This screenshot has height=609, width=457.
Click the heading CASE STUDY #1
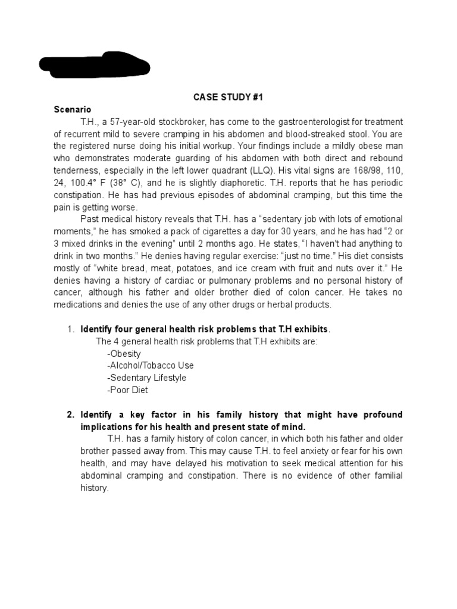228,98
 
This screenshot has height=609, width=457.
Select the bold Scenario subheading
73,109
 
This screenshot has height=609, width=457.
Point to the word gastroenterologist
304,121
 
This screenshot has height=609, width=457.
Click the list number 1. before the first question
70,329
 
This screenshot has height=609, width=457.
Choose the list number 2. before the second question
70,414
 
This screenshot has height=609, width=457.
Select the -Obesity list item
124,353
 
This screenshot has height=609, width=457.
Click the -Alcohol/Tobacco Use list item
150,365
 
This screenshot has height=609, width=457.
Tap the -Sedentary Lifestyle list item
146,378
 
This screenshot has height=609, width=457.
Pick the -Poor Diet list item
127,390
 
